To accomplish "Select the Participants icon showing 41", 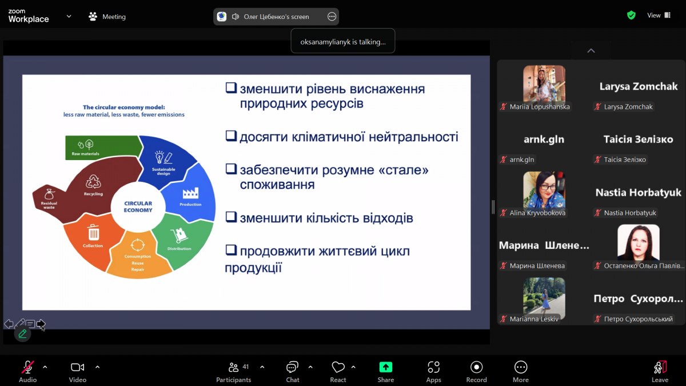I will click(233, 367).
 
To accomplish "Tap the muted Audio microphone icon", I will click(27, 367).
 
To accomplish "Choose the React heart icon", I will click(338, 367).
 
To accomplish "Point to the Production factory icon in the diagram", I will click(190, 193).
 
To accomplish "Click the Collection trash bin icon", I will click(93, 232).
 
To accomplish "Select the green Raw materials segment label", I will click(86, 154).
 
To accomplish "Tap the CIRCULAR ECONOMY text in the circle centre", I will click(138, 206).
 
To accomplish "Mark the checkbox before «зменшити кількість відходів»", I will click(231, 217).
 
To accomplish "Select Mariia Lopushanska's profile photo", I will click(544, 83).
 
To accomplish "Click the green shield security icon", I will click(631, 15).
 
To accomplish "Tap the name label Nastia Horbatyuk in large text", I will click(638, 193).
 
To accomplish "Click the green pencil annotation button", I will click(23, 333).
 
